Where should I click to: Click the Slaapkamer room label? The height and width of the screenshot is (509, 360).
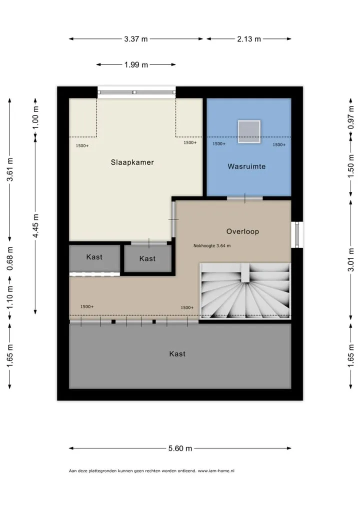132,162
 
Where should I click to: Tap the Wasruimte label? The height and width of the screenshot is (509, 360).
246,166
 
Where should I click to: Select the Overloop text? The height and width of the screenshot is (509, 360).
242,231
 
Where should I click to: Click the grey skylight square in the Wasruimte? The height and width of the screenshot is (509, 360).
249,131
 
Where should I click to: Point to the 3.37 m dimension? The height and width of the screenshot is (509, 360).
135,39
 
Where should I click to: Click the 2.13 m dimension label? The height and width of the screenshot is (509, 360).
249,39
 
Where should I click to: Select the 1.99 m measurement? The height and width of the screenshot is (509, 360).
136,64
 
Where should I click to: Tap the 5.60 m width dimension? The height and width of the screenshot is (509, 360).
180,448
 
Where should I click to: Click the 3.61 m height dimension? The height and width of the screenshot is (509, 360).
10,169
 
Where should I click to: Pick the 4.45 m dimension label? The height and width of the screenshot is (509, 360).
35,225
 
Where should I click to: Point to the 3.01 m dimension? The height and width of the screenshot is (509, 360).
351,259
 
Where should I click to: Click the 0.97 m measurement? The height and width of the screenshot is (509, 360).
351,117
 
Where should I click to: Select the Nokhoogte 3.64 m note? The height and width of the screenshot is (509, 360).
212,245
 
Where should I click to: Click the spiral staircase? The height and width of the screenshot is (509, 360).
245,290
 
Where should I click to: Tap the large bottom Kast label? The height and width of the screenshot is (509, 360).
177,354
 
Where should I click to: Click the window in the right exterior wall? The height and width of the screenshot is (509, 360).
297,234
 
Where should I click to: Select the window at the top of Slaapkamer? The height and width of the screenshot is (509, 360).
136,92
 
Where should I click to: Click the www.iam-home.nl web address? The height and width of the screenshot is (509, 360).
216,470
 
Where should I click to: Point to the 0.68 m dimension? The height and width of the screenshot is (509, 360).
10,258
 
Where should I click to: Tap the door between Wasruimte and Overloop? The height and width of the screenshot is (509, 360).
245,198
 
